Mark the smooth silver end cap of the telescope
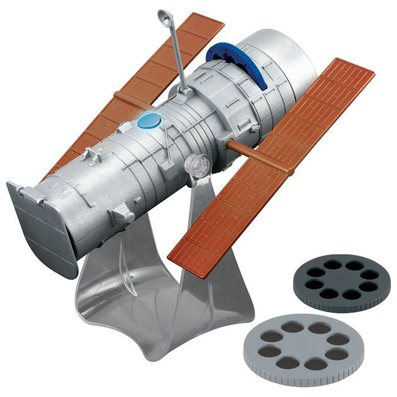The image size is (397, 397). coord(286,53)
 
